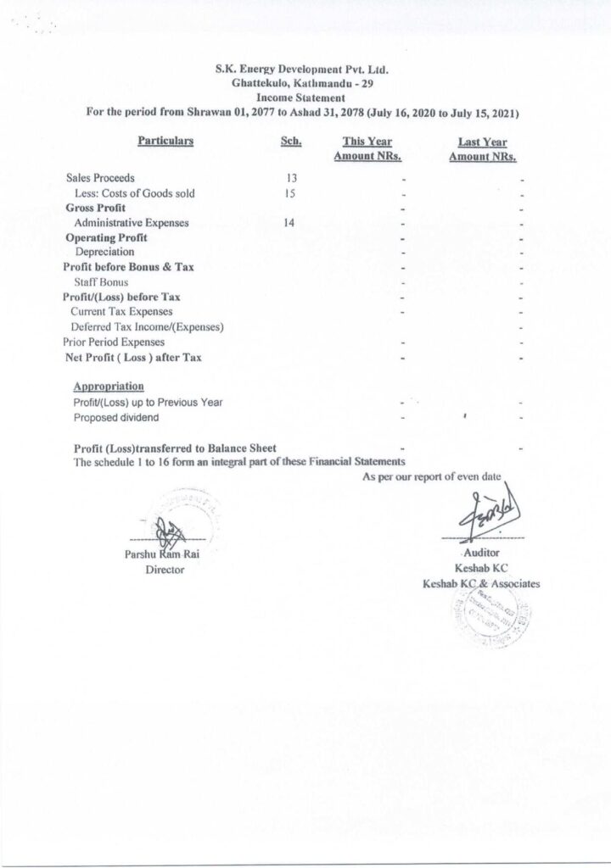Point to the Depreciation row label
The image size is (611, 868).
click(104, 253)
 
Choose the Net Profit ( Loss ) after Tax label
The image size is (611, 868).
click(132, 357)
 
